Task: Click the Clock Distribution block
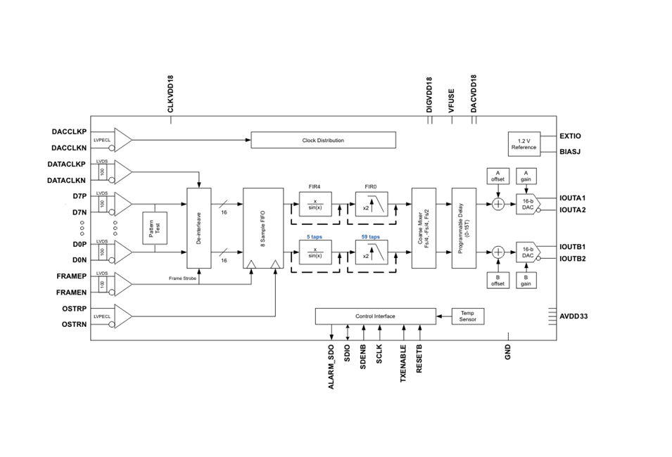pos(323,140)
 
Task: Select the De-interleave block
pos(199,228)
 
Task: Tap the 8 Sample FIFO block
pos(263,228)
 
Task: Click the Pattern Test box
pos(155,228)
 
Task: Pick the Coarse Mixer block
pos(424,228)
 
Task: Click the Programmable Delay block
pos(464,228)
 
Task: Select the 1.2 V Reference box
pos(524,144)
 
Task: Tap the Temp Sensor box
pos(467,316)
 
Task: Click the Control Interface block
pos(376,316)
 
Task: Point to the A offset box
pos(498,176)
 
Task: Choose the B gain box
pos(526,280)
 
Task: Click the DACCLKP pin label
pos(69,132)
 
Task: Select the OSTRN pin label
pos(74,325)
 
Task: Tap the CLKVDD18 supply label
pos(170,94)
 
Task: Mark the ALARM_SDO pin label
pos(331,367)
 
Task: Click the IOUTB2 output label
pos(573,259)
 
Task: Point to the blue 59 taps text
pos(371,237)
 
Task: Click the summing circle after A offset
pos(498,205)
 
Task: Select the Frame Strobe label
pos(182,278)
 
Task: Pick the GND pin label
pos(508,352)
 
